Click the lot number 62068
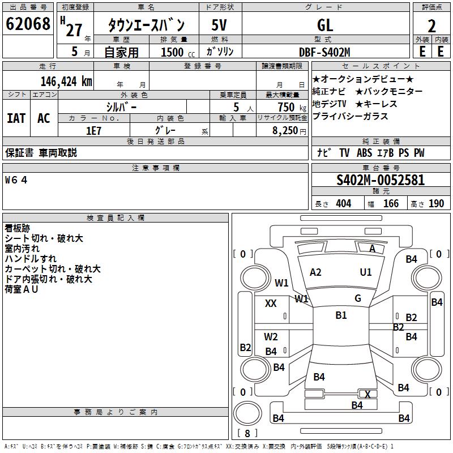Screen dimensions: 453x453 click(x=28, y=24)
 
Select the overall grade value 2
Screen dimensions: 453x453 click(x=431, y=26)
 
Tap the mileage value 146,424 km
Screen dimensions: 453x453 click(x=66, y=82)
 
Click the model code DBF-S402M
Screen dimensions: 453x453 click(x=324, y=52)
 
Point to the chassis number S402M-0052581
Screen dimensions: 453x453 click(x=381, y=180)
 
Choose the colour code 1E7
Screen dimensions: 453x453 click(x=93, y=131)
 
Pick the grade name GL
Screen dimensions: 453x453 click(x=325, y=25)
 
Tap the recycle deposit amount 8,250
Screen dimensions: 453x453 click(x=285, y=131)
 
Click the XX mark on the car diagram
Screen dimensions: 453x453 click(x=271, y=303)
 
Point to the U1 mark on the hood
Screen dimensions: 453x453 click(x=366, y=272)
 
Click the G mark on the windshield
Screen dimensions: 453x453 click(x=358, y=298)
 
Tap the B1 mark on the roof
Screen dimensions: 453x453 click(x=341, y=315)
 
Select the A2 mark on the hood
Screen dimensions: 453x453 click(x=315, y=272)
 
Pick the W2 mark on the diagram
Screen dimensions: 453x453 click(x=271, y=336)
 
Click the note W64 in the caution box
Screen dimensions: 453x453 click(x=16, y=180)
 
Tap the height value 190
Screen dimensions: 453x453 click(x=436, y=204)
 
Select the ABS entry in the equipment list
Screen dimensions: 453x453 click(x=364, y=153)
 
